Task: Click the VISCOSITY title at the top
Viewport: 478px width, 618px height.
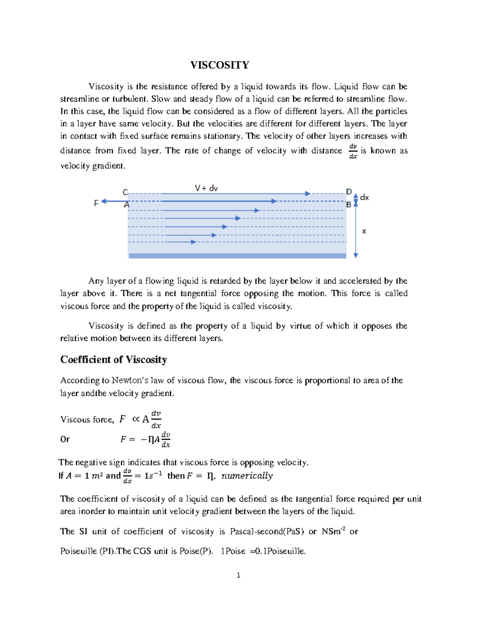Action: (x=219, y=65)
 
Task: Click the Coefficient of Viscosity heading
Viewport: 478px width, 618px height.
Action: (x=114, y=360)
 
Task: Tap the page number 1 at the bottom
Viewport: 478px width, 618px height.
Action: (x=238, y=575)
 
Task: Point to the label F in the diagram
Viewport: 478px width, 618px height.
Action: (x=96, y=203)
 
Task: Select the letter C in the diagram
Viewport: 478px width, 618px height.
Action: (x=125, y=192)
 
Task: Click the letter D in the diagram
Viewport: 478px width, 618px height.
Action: (x=349, y=192)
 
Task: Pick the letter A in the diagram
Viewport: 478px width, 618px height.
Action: (x=127, y=205)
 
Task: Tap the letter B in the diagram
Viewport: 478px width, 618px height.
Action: (x=349, y=205)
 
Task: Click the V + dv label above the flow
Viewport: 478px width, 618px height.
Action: (x=206, y=188)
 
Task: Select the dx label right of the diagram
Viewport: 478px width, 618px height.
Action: (x=364, y=197)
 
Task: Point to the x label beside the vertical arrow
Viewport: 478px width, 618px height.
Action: (x=364, y=231)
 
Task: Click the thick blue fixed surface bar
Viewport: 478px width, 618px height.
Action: (x=237, y=256)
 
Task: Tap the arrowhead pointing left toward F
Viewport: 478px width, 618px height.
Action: (x=104, y=201)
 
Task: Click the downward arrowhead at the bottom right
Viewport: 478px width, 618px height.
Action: (x=356, y=255)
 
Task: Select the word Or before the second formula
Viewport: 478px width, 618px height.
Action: (x=65, y=439)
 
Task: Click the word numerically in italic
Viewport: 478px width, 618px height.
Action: (x=247, y=476)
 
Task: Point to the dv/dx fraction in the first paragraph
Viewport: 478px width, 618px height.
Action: (x=353, y=151)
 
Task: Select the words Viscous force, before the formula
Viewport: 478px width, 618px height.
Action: (x=87, y=419)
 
